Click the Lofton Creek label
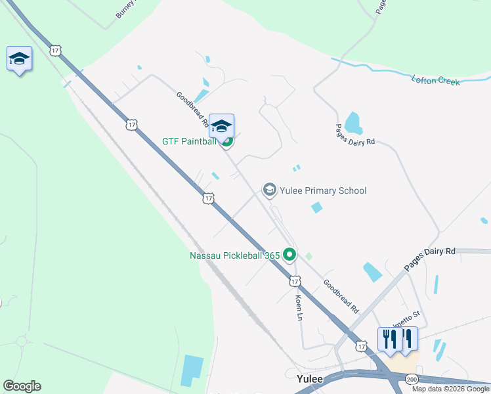[x=435, y=81]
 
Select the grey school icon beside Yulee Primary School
[x=268, y=190]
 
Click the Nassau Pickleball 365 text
[x=235, y=255]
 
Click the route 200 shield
[x=412, y=380]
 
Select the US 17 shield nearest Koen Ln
[x=295, y=281]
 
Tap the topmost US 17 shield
[x=55, y=50]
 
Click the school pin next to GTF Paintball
[x=222, y=126]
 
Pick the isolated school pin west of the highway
[x=19, y=59]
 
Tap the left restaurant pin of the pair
[x=390, y=339]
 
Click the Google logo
[x=22, y=386]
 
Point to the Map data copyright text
[x=450, y=389]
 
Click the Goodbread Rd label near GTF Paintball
[x=192, y=109]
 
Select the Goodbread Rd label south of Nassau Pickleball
[x=341, y=296]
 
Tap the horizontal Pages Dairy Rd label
[x=429, y=259]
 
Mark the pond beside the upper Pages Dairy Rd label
[x=352, y=122]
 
